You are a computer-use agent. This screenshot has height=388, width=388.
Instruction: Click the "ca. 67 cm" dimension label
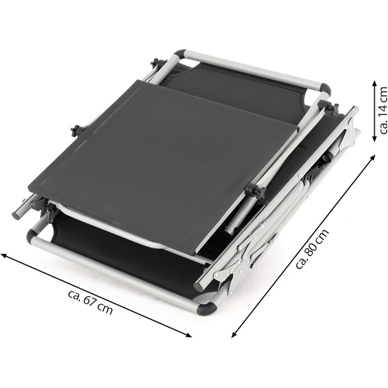pos(90,302)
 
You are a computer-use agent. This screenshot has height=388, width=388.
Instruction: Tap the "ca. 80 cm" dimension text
pos(312,249)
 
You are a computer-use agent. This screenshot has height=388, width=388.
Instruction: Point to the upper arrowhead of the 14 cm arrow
pos(374,84)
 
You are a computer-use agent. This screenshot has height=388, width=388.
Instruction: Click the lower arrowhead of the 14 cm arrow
pos(374,139)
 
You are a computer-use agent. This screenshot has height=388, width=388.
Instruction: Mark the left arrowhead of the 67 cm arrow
pos(4,256)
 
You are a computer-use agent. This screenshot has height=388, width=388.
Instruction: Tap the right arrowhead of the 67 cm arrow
pos(188,335)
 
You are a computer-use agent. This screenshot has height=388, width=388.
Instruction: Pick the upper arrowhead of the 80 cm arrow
pos(372,157)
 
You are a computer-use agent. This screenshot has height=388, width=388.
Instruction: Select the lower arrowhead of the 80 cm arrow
pos(234,335)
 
